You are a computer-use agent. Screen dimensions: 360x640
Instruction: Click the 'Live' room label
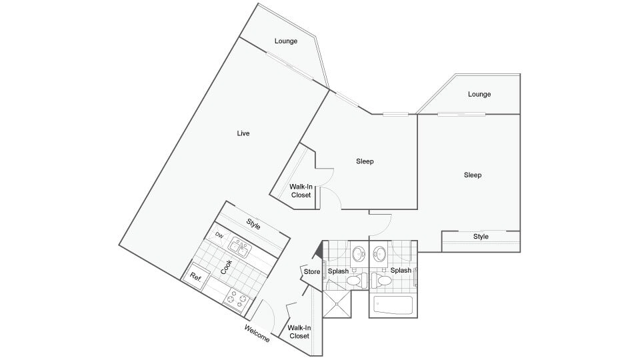(x=243, y=133)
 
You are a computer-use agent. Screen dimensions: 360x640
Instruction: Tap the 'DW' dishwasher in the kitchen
(x=219, y=236)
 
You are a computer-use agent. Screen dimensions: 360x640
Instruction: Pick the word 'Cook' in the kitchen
(x=226, y=267)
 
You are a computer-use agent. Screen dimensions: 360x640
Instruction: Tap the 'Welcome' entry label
(x=257, y=333)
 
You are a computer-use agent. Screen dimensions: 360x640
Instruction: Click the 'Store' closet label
(x=312, y=271)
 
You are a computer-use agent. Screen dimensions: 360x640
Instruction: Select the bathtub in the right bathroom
(x=393, y=306)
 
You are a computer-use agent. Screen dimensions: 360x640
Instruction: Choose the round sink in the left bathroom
(x=359, y=253)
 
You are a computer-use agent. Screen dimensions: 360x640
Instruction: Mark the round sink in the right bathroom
(x=381, y=253)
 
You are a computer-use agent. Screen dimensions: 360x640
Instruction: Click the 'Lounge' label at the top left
(x=286, y=41)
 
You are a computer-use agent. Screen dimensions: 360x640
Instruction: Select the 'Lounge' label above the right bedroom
(x=479, y=94)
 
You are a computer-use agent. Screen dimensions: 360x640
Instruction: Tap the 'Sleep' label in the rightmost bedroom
(x=473, y=175)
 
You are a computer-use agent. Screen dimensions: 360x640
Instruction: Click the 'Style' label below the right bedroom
(x=481, y=237)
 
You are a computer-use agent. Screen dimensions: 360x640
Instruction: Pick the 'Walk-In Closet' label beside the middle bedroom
(x=301, y=191)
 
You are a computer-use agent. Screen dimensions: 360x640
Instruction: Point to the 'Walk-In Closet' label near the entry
(x=299, y=331)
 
